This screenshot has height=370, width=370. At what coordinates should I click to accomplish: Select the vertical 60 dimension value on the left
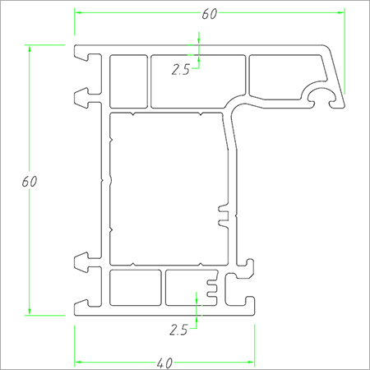[29, 180]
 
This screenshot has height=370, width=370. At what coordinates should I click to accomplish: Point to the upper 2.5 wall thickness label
[181, 70]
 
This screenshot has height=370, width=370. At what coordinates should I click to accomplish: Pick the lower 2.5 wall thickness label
[178, 331]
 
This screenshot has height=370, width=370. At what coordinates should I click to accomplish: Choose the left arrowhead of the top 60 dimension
[80, 13]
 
